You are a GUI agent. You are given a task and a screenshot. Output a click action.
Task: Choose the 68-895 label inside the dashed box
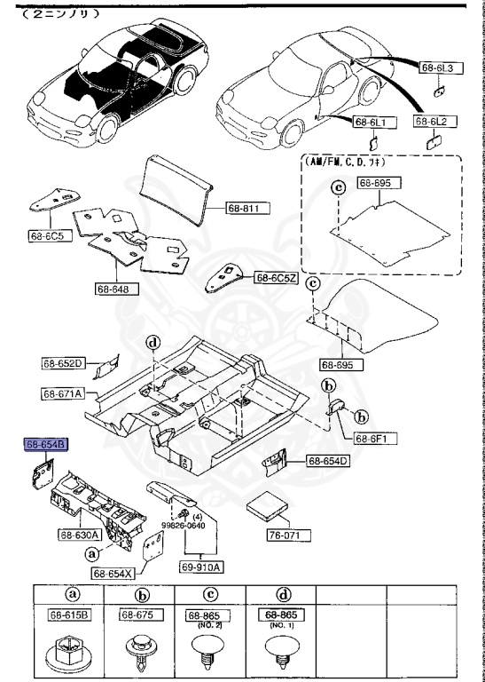click(379, 182)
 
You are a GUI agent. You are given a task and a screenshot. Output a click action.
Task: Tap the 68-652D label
click(62, 362)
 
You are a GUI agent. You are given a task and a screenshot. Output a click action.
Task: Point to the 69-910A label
click(202, 567)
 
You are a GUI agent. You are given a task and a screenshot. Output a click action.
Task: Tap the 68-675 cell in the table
click(140, 615)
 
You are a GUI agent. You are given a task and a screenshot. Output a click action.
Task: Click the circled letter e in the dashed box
click(337, 187)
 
